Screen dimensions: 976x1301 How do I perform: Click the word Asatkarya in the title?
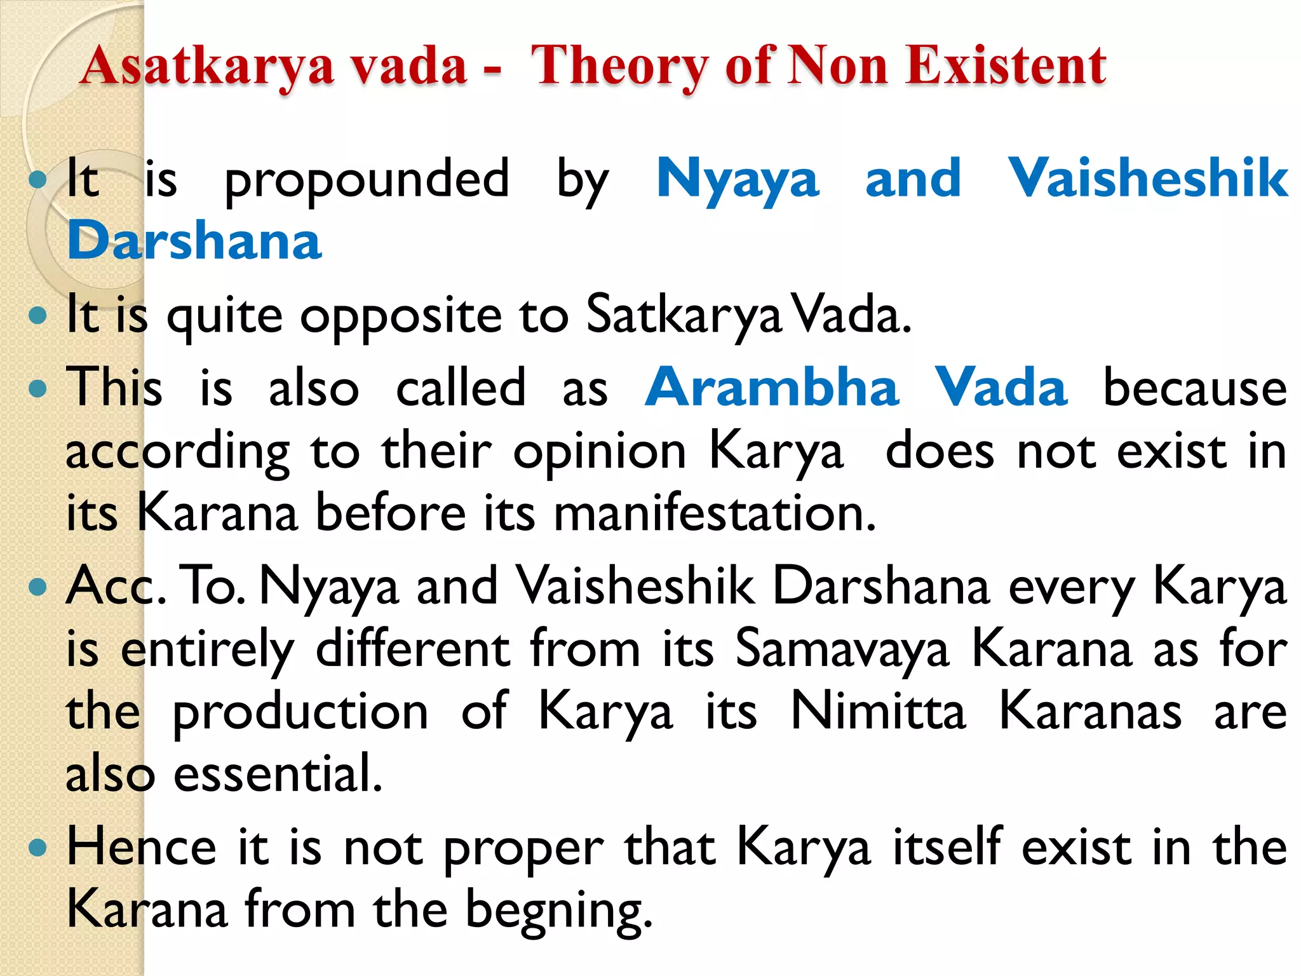pyautogui.click(x=207, y=66)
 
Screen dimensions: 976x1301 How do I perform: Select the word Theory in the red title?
pyautogui.click(x=619, y=66)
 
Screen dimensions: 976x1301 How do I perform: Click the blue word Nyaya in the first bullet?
pyautogui.click(x=738, y=179)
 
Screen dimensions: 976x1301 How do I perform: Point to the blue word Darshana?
pyautogui.click(x=194, y=241)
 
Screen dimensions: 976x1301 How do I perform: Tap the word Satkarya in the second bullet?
pyautogui.click(x=684, y=315)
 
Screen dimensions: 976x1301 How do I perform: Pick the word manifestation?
pyautogui.click(x=715, y=513)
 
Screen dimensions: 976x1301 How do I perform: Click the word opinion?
pyautogui.click(x=600, y=452)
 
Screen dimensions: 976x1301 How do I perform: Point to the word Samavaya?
pyautogui.click(x=842, y=649)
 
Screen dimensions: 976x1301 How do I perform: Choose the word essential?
pyautogui.click(x=278, y=774)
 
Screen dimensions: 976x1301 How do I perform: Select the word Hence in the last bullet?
pyautogui.click(x=142, y=847)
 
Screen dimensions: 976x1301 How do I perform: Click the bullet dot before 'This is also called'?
pyautogui.click(x=38, y=388)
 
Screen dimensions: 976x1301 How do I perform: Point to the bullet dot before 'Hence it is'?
pyautogui.click(x=38, y=848)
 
